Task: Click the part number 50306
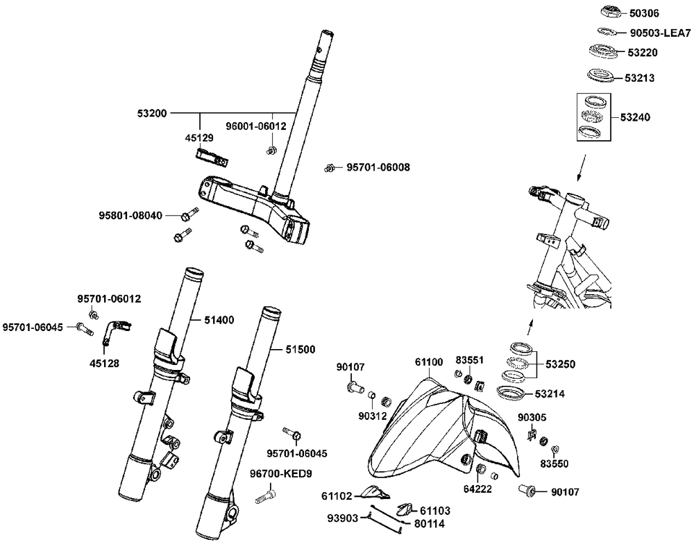tap(645, 13)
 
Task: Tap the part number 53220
tap(643, 52)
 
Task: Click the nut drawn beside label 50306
tap(609, 12)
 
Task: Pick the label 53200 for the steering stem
tap(151, 112)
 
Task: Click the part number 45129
tap(198, 138)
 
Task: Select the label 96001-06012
tap(256, 126)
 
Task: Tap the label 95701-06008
tap(378, 167)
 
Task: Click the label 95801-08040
tap(130, 216)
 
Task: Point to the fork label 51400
tap(219, 320)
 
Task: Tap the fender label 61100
tap(430, 362)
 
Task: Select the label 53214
tap(550, 393)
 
